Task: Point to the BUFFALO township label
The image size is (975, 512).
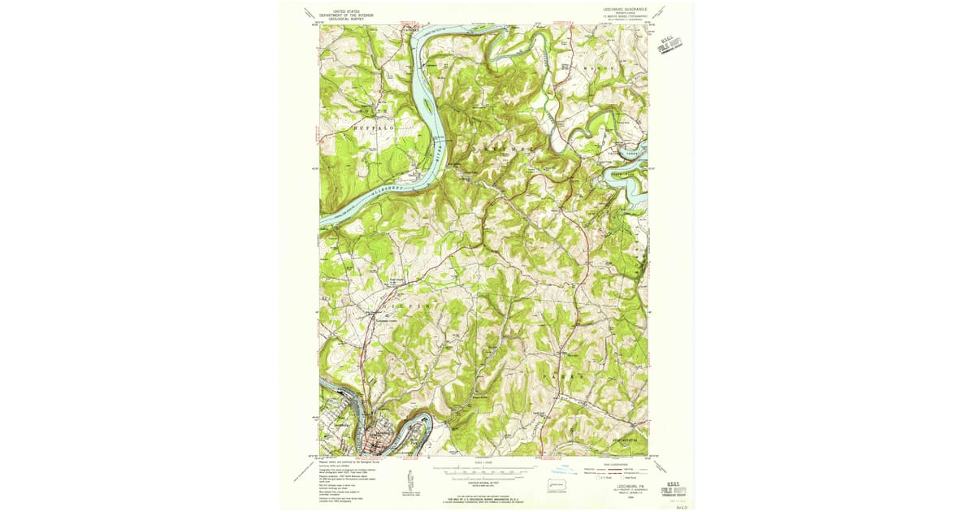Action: click(373, 128)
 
